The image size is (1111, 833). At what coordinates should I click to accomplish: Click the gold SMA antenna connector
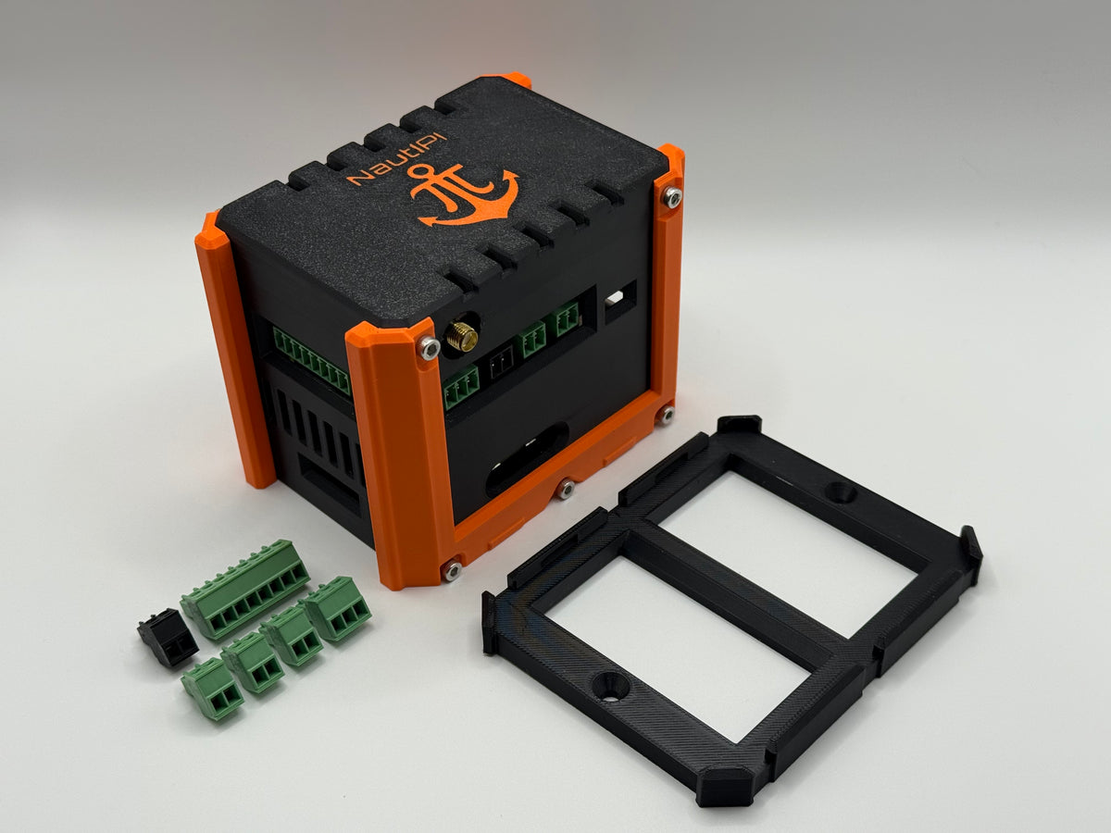(x=461, y=337)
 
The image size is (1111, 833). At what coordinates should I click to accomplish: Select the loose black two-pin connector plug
(x=167, y=635)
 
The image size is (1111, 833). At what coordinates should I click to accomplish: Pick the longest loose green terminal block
(x=245, y=590)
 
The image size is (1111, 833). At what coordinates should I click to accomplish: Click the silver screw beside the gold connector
(x=430, y=348)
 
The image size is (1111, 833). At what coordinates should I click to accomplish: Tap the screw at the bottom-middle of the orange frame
(x=565, y=489)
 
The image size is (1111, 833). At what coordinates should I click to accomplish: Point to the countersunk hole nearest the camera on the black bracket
(x=610, y=688)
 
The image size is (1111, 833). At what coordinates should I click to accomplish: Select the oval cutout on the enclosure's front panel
(x=527, y=459)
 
